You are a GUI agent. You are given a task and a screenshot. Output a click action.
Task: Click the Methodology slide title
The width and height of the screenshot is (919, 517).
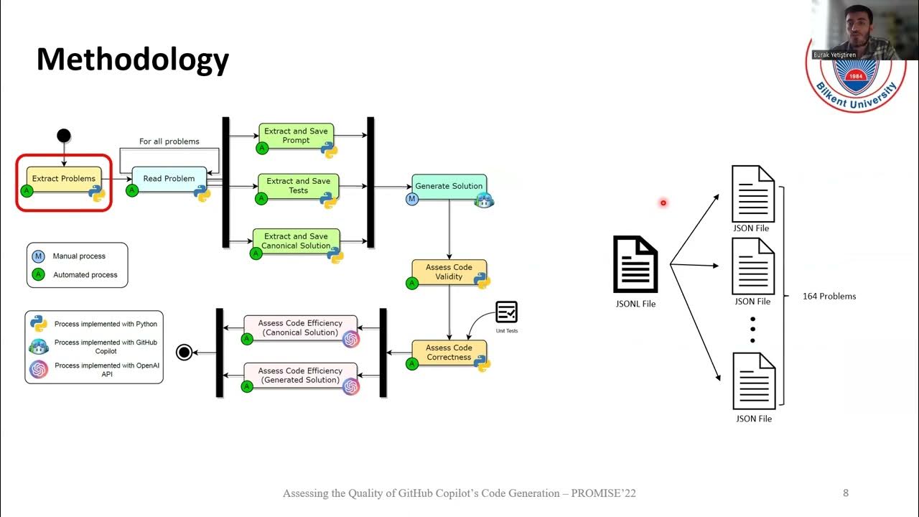pyautogui.click(x=133, y=60)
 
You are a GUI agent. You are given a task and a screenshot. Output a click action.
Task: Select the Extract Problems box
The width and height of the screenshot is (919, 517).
pyautogui.click(x=64, y=179)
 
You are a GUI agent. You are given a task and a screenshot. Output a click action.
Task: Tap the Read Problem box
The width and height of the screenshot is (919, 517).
pyautogui.click(x=169, y=179)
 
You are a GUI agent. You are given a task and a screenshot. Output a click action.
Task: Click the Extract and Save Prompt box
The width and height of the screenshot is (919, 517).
pyautogui.click(x=296, y=136)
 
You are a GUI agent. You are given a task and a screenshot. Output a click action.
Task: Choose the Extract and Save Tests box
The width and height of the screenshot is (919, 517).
pyautogui.click(x=298, y=186)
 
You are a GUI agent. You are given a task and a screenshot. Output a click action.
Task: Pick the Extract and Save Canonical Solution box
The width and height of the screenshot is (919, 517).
pyautogui.click(x=295, y=241)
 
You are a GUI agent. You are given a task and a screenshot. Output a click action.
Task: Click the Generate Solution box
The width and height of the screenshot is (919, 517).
pyautogui.click(x=449, y=186)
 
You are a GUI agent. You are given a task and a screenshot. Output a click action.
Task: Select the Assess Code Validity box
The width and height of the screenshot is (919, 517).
pyautogui.click(x=449, y=271)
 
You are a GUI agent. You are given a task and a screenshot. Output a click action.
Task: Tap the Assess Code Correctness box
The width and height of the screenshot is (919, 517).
pyautogui.click(x=449, y=353)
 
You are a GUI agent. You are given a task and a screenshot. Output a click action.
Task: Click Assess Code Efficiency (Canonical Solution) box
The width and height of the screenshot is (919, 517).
pyautogui.click(x=299, y=328)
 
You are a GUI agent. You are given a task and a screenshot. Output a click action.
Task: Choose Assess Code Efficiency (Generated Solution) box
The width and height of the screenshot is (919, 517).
pyautogui.click(x=299, y=376)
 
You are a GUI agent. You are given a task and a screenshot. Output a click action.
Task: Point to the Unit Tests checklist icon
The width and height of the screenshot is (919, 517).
pyautogui.click(x=506, y=312)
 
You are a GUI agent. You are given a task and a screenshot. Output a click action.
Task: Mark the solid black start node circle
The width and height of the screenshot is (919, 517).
pyautogui.click(x=64, y=135)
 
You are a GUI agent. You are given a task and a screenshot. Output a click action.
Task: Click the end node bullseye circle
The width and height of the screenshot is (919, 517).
pyautogui.click(x=185, y=352)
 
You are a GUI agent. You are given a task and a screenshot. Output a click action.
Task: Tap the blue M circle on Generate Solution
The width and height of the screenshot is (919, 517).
pyautogui.click(x=412, y=199)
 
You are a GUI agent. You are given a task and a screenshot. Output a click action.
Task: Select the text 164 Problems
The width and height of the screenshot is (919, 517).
pyautogui.click(x=829, y=296)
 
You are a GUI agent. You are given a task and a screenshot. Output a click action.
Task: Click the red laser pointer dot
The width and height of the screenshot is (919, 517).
pyautogui.click(x=663, y=202)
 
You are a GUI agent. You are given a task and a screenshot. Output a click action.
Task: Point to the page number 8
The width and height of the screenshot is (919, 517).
pyautogui.click(x=846, y=493)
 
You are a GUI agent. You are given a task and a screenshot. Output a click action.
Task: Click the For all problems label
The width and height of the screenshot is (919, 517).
pyautogui.click(x=169, y=141)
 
